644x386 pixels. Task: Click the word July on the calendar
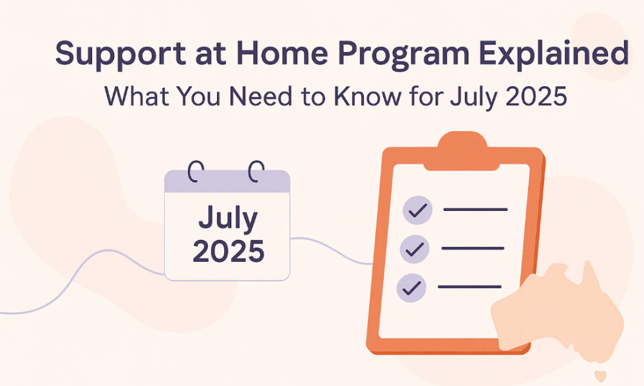(x=228, y=219)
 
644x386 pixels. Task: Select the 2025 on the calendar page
(x=228, y=251)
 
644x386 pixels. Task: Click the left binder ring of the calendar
(x=196, y=172)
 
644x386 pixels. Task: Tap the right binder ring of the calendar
(x=256, y=172)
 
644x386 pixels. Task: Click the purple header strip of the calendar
(x=227, y=183)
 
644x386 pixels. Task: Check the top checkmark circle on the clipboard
(x=417, y=210)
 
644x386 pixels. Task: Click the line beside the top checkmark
(x=475, y=210)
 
